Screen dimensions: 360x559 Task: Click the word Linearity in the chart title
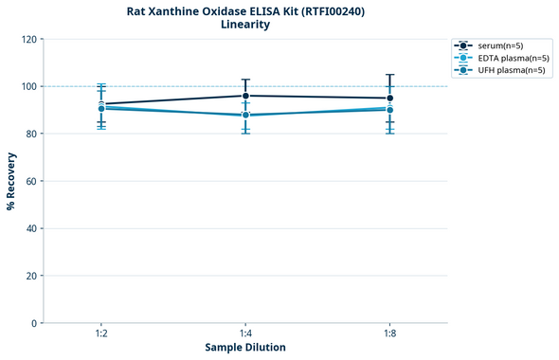click(245, 25)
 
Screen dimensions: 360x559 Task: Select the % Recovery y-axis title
click(11, 181)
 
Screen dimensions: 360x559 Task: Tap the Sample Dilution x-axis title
click(245, 348)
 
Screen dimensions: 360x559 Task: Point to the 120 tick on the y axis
click(28, 39)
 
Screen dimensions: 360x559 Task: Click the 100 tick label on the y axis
click(28, 86)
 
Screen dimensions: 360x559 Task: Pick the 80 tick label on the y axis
click(31, 134)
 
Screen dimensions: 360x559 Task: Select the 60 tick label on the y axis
click(31, 181)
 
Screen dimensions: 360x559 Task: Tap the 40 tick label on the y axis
click(31, 228)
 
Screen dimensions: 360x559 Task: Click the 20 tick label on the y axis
click(31, 276)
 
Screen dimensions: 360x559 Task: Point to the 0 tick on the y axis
click(34, 323)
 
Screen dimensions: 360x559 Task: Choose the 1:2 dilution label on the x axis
click(101, 333)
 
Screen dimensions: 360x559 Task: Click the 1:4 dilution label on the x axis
click(245, 333)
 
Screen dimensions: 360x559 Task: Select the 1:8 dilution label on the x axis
click(389, 333)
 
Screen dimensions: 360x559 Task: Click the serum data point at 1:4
click(245, 96)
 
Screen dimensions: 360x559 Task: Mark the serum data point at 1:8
click(389, 98)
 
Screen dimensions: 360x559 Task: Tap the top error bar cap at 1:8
click(389, 75)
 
